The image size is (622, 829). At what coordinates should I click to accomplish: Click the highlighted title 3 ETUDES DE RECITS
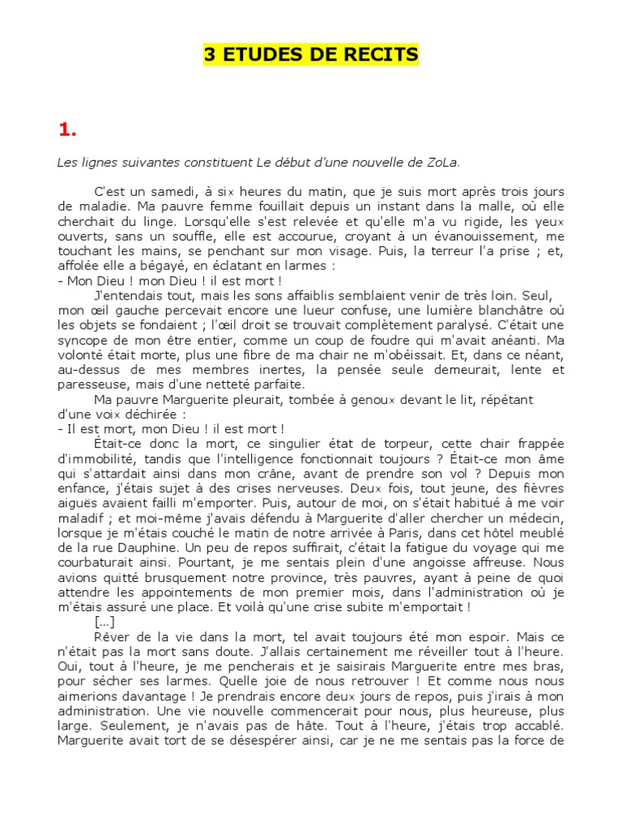[310, 55]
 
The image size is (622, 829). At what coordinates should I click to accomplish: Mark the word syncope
[83, 340]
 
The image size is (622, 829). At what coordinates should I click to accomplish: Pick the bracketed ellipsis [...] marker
[105, 621]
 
